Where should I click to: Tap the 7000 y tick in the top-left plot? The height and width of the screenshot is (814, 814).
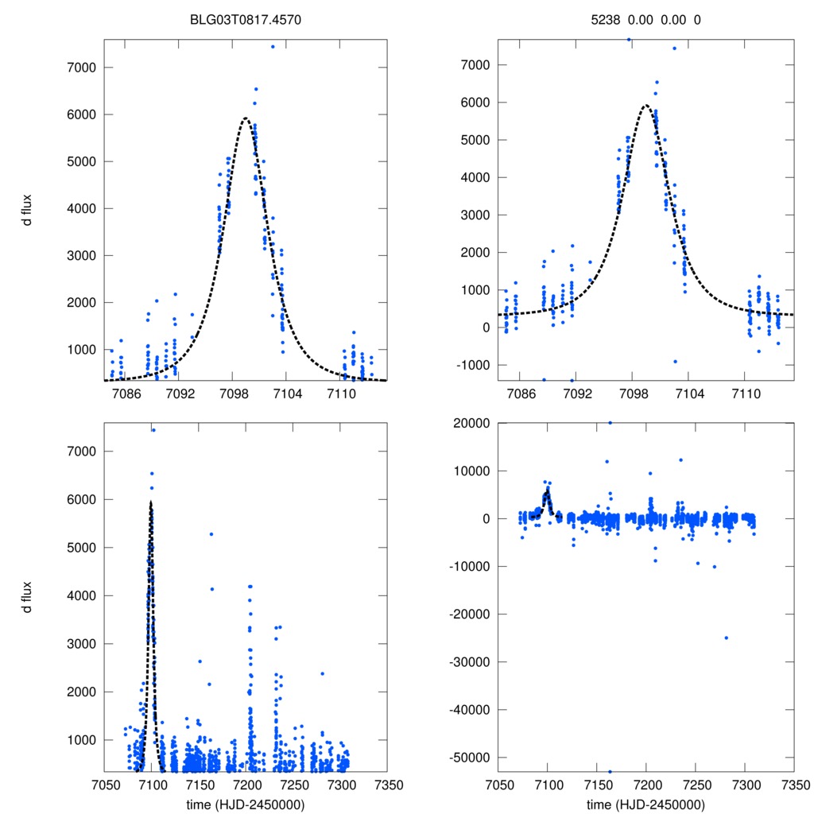pos(81,68)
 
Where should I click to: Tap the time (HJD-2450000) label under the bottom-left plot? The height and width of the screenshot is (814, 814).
pos(246,803)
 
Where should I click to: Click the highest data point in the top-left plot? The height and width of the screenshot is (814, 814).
pos(273,46)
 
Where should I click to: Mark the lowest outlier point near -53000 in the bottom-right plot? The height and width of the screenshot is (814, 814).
pos(610,771)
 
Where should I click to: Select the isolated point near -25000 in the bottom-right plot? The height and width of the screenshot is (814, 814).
pos(726,638)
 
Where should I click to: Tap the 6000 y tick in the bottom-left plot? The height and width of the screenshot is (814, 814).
pos(81,500)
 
